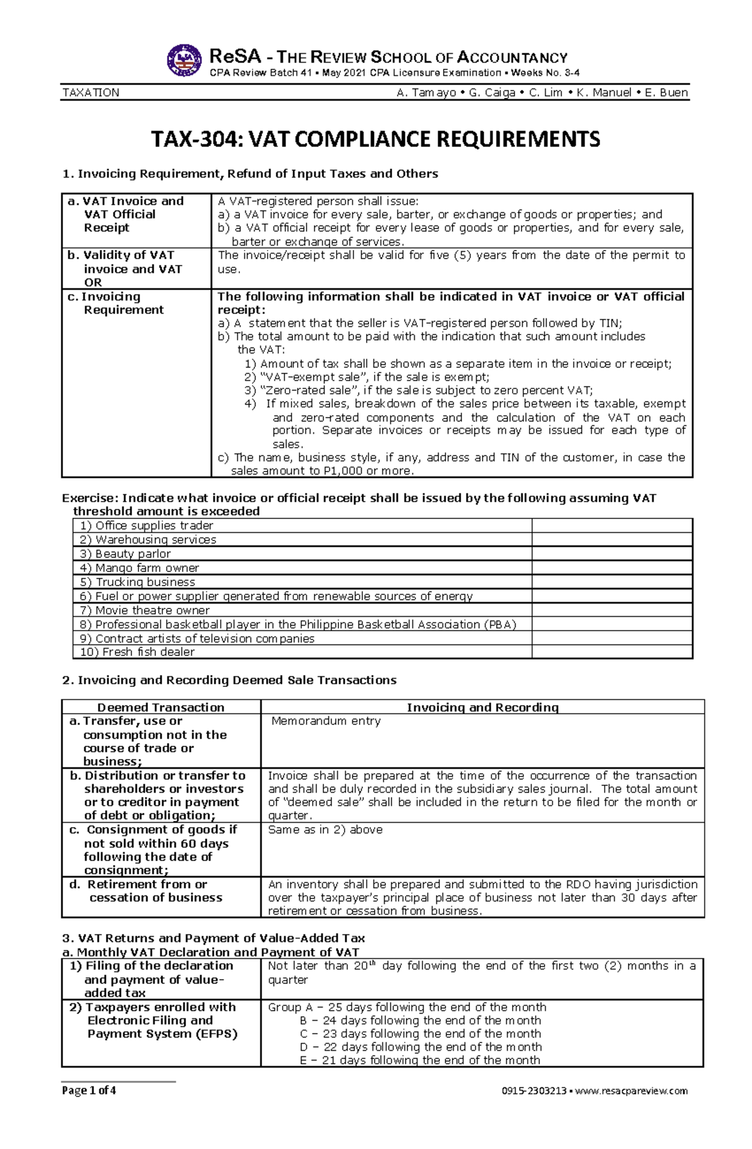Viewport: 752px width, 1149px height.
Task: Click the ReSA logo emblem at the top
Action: pos(184,60)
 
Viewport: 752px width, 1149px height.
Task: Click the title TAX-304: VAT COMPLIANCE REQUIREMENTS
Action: pos(375,139)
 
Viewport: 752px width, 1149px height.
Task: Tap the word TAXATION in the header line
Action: pos(91,93)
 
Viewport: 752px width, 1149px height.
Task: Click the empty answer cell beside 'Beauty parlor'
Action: pos(612,554)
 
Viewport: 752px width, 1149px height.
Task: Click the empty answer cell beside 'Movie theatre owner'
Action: pos(612,610)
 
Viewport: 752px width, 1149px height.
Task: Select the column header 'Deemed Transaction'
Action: pos(161,707)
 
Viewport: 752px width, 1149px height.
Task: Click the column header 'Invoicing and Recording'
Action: pos(483,707)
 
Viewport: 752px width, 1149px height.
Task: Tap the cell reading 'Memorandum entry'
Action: pos(326,721)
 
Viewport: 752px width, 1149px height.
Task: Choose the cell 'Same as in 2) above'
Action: pos(325,830)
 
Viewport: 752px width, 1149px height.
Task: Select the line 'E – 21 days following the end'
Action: pos(419,1060)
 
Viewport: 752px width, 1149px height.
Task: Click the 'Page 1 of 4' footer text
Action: pos(89,1091)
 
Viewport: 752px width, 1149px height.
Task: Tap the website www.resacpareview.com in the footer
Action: pos(631,1091)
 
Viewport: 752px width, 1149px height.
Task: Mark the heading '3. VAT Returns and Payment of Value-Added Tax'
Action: pos(214,938)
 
